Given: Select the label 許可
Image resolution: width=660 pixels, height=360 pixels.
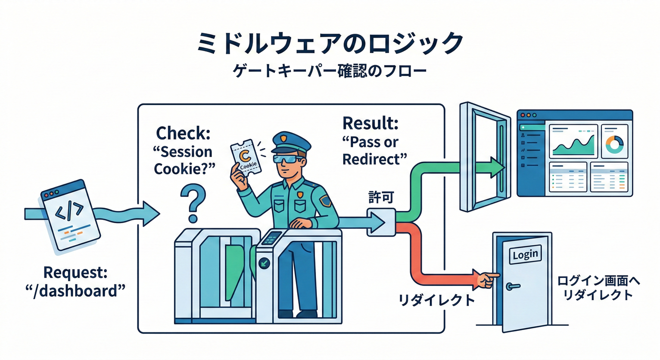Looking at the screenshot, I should tap(382, 199).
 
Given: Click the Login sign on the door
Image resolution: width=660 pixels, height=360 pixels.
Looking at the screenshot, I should tap(525, 255).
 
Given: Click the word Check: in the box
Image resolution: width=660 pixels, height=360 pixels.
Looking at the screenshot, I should tap(183, 133).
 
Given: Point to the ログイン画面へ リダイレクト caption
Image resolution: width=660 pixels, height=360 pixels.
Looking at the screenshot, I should tap(598, 288).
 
